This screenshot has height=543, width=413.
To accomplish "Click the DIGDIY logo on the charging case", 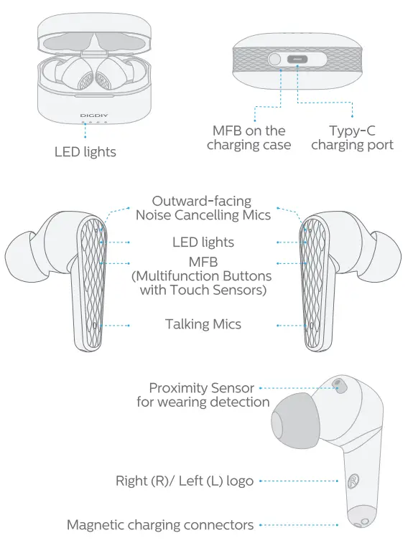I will [94, 114].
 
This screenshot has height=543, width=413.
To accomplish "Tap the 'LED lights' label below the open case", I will [85, 151].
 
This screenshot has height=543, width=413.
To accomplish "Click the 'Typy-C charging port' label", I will [352, 138].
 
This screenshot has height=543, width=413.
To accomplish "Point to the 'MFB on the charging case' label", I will [249, 138].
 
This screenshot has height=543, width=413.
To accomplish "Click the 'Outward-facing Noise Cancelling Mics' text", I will [203, 208].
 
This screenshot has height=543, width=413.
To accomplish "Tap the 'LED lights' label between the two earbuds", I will [203, 242].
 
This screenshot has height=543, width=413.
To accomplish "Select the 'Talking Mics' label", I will [203, 324].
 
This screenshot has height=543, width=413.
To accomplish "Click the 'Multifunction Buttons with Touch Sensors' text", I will [203, 283].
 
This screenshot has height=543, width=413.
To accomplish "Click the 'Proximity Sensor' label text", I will [203, 388].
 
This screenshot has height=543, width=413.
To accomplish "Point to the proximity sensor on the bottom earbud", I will [337, 386].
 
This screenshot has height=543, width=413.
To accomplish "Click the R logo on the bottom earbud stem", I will [353, 481].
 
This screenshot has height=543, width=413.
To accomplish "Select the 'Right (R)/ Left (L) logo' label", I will [185, 481].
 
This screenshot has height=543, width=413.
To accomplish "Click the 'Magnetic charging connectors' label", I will [160, 525].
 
